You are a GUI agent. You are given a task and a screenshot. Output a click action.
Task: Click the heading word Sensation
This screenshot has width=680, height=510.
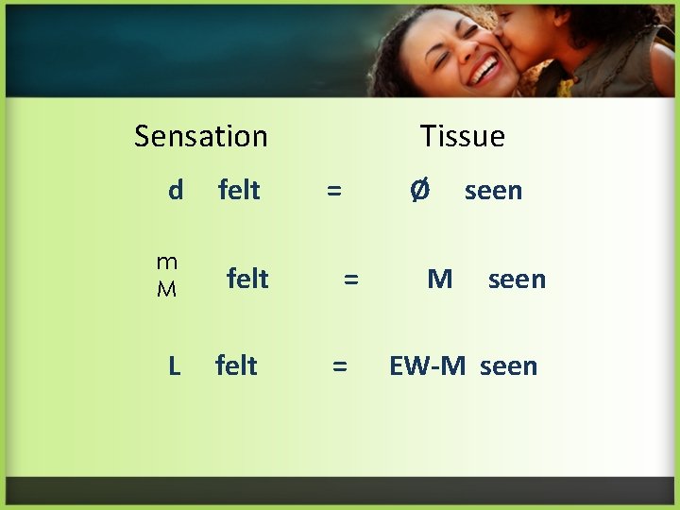[x=200, y=136]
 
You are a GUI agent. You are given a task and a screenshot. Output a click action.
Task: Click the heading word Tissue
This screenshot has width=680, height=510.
[x=462, y=136]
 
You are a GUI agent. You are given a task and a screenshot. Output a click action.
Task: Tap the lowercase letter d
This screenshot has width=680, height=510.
[x=176, y=191]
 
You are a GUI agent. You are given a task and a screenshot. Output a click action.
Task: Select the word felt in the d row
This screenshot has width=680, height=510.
[x=239, y=191]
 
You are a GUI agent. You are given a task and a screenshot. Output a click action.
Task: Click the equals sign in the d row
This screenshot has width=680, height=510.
[x=333, y=191]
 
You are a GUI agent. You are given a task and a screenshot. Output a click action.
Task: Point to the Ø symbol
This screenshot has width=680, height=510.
[x=419, y=191]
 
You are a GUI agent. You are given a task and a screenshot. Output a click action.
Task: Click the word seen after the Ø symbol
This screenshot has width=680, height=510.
[x=493, y=191]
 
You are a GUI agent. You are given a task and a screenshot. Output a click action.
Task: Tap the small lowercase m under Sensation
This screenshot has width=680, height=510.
[x=166, y=263]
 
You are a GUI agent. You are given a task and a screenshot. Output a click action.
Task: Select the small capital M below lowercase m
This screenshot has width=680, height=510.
[x=166, y=289]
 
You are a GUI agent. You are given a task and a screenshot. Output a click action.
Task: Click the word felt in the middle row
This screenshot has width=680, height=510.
[x=247, y=279]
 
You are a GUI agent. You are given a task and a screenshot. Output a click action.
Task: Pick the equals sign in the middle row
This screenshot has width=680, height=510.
[x=350, y=279]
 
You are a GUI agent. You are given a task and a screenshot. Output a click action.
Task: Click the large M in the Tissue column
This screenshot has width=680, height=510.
[x=439, y=279]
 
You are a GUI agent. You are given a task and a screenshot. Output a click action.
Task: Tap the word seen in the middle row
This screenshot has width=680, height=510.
[x=517, y=280]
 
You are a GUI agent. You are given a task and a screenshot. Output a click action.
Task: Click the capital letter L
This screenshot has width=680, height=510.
[x=174, y=365]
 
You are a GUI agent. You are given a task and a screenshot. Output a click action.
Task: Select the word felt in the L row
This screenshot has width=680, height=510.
[x=236, y=365]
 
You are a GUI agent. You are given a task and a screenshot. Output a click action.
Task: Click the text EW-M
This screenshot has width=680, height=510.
[x=427, y=365]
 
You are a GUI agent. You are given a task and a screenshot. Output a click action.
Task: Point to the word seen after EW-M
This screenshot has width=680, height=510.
[x=508, y=366]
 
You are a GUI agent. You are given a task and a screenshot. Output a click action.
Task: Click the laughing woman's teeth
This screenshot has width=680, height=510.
[x=485, y=69]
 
